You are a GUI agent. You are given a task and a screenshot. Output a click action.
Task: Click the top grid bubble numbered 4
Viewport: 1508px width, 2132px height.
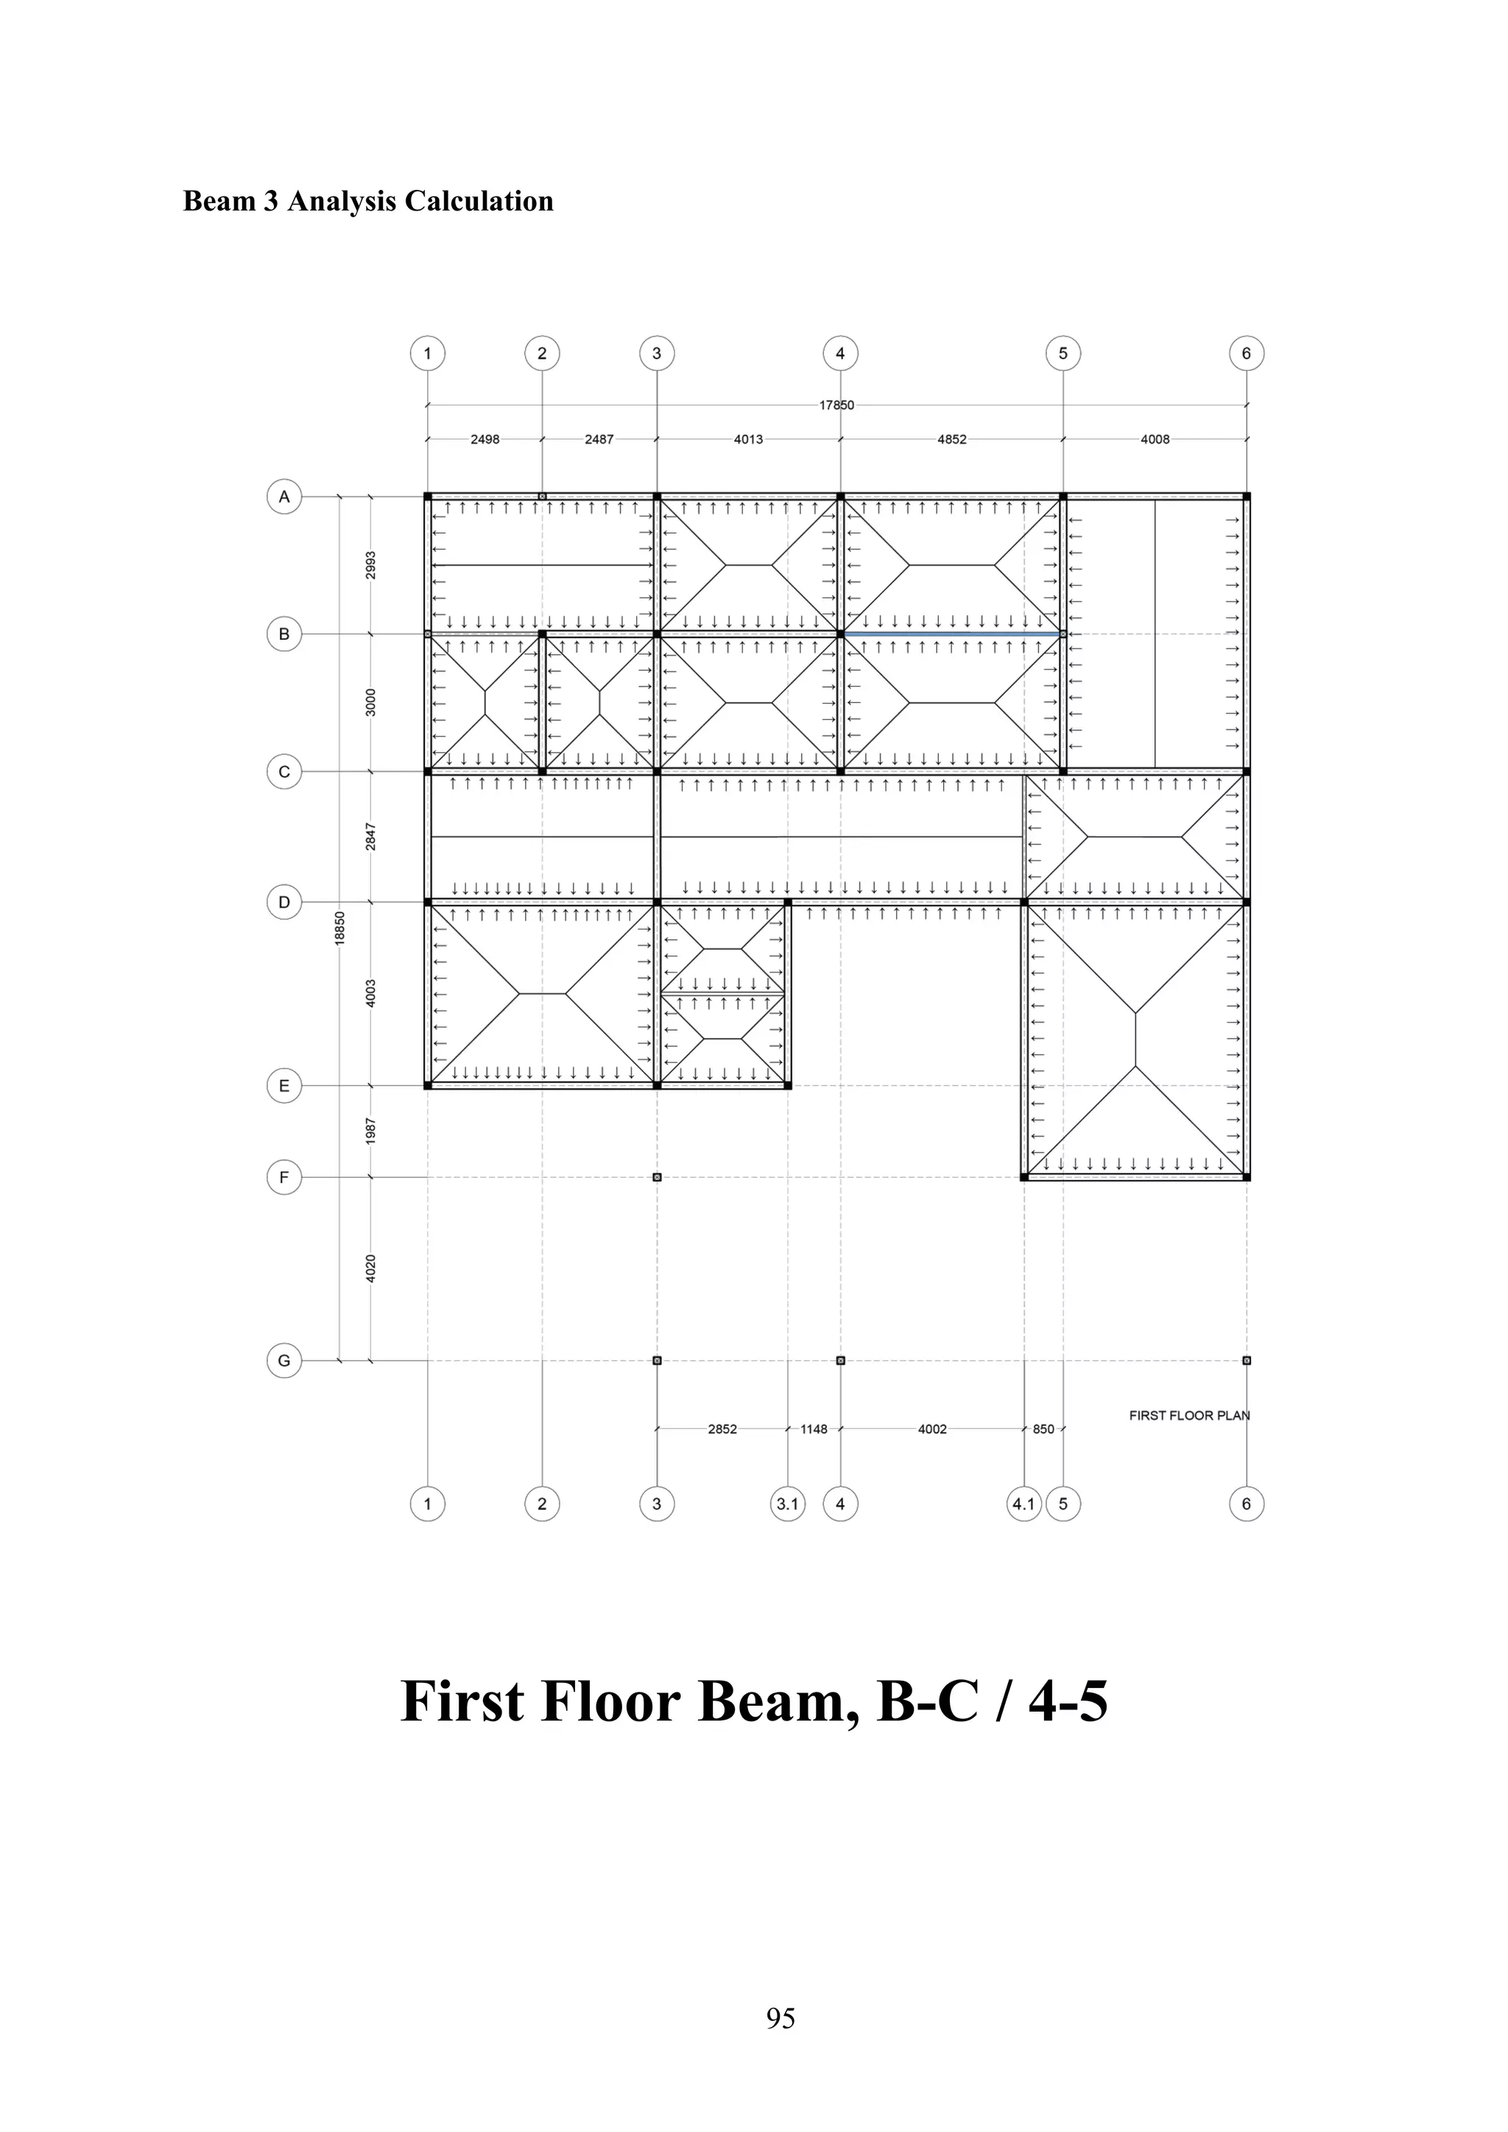tap(840, 353)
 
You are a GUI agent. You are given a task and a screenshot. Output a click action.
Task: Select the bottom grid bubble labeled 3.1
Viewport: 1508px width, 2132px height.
tap(787, 1503)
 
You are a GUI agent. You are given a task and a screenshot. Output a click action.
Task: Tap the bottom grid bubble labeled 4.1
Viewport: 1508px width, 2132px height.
tap(1023, 1503)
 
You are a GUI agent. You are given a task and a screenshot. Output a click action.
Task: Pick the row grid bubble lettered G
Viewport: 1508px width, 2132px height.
tap(284, 1360)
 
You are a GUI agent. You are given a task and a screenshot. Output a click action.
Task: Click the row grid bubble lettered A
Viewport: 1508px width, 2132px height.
tap(284, 497)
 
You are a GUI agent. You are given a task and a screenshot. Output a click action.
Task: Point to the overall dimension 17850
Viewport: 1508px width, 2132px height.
tap(836, 405)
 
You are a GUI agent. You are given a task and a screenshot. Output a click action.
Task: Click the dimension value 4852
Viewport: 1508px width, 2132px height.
tap(952, 440)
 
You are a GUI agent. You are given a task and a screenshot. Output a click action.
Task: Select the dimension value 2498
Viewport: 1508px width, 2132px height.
tap(485, 440)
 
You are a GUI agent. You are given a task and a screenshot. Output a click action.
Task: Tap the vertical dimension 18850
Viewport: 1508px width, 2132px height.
tap(340, 928)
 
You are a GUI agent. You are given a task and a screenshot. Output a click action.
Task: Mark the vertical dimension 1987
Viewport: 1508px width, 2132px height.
tap(370, 1130)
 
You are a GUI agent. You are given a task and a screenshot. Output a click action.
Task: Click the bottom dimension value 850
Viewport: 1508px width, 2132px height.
tap(1043, 1429)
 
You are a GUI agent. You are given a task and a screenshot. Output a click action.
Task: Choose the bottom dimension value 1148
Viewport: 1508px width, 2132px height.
tap(814, 1429)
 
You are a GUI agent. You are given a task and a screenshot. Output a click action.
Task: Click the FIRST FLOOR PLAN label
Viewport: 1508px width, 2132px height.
tap(1188, 1415)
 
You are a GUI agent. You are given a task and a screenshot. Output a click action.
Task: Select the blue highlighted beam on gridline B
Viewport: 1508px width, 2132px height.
tap(952, 634)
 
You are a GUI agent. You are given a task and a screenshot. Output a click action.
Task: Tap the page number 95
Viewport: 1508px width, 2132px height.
tap(780, 2018)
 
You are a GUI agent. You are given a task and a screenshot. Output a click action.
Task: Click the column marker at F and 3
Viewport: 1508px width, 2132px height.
tap(657, 1177)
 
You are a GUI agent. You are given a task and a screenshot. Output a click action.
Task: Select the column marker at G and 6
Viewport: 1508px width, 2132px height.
tap(1246, 1360)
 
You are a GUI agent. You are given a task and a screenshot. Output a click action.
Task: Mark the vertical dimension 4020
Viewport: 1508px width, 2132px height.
tap(370, 1268)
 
